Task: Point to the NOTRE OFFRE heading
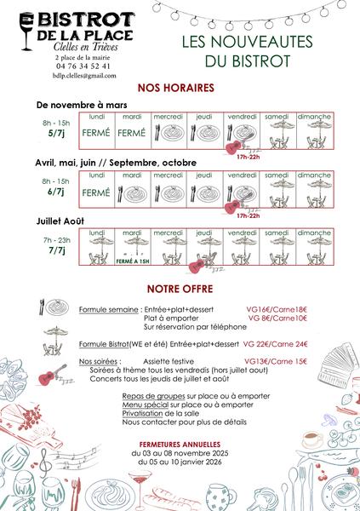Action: pyautogui.click(x=179, y=289)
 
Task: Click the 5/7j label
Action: pyautogui.click(x=57, y=133)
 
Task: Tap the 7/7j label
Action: pyautogui.click(x=56, y=251)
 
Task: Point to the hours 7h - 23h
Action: pyautogui.click(x=56, y=240)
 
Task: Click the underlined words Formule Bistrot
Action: pyautogui.click(x=102, y=344)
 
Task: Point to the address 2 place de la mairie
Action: pyautogui.click(x=82, y=55)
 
